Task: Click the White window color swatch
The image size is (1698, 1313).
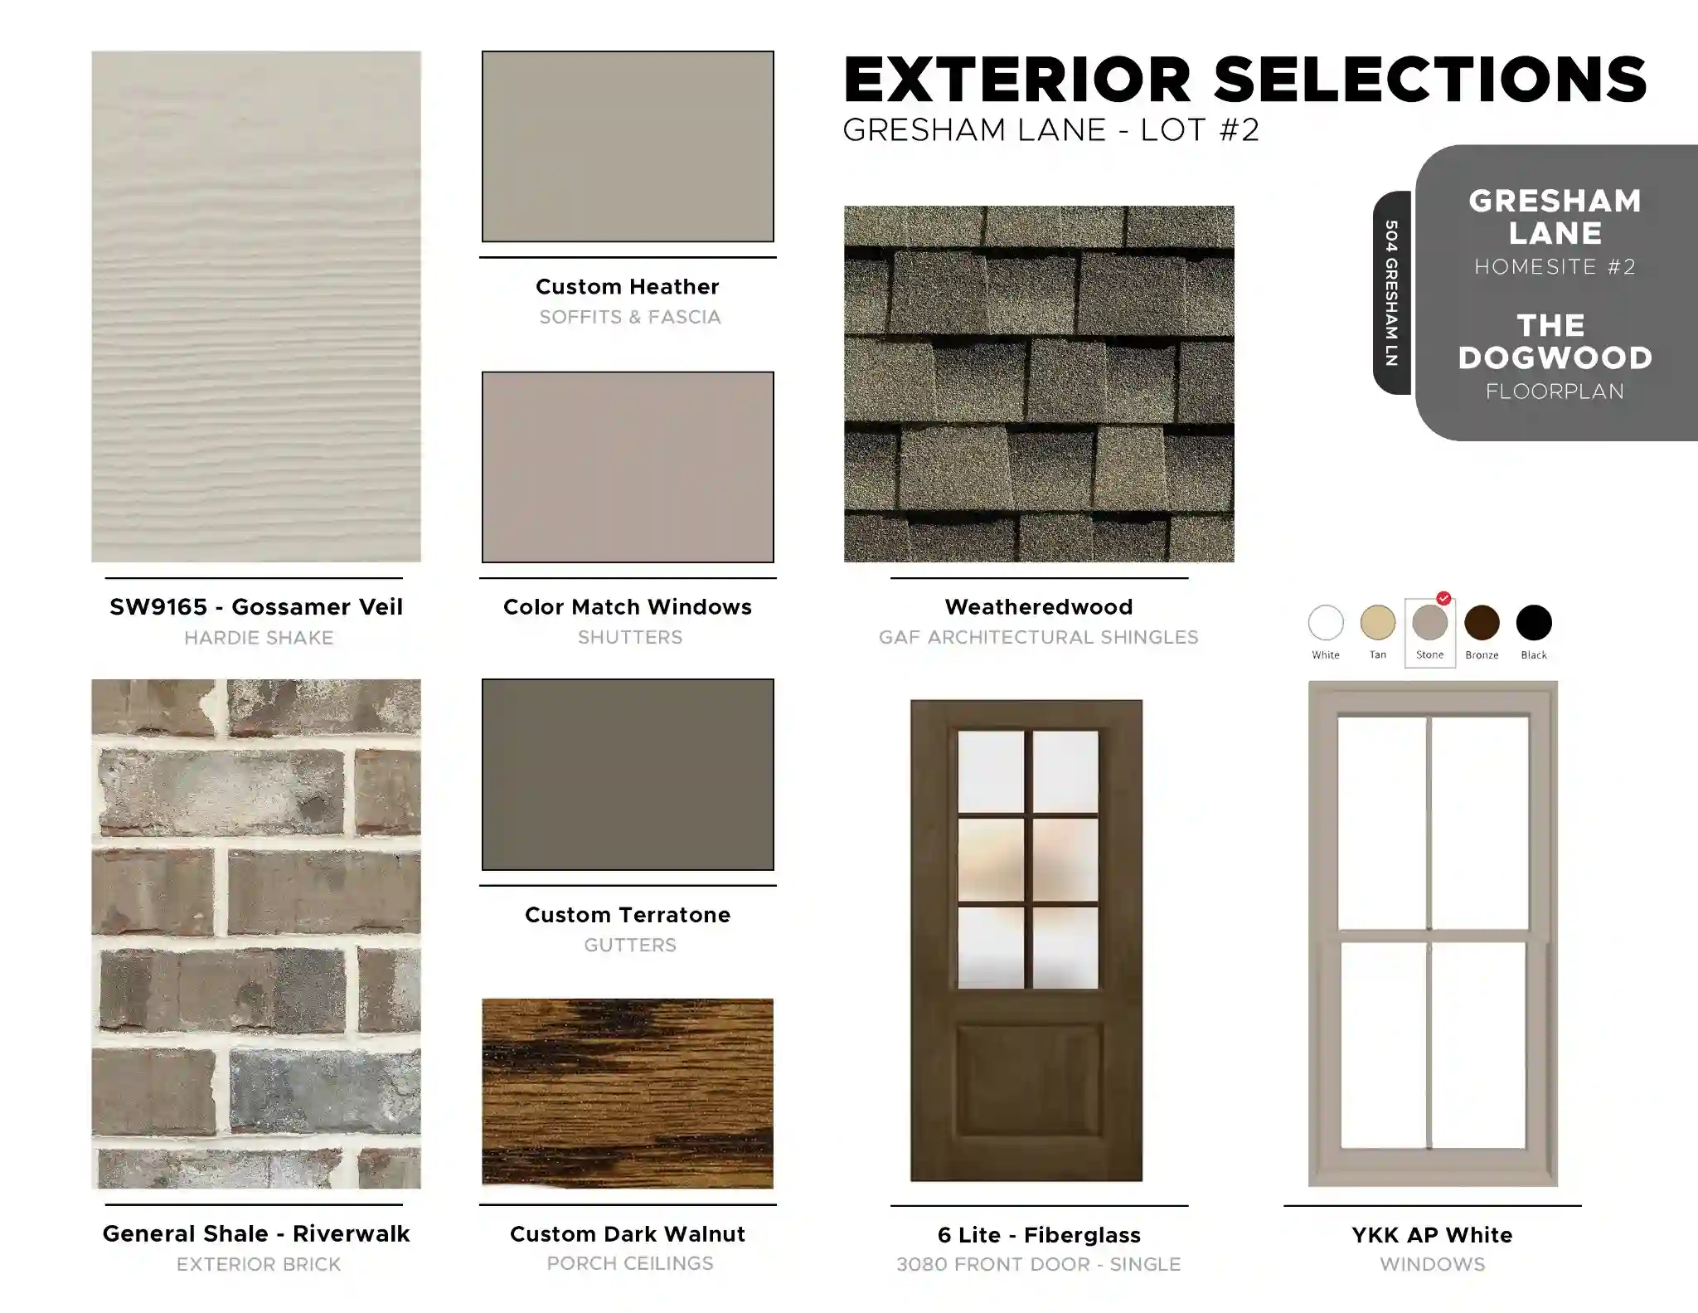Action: [1325, 623]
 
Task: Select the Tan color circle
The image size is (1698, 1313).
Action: [1377, 623]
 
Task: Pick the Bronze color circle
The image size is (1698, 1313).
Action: [1482, 623]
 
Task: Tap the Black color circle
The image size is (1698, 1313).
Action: [1534, 623]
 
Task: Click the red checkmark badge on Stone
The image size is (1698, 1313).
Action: [1443, 598]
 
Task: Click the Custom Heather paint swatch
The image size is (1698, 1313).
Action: [628, 147]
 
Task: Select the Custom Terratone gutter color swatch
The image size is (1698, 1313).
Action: [628, 775]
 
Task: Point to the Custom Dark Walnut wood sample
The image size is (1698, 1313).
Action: [628, 1093]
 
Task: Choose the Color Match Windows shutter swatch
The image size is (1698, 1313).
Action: [628, 467]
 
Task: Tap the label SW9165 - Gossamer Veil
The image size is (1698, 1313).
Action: [256, 607]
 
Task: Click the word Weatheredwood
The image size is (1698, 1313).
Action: [1039, 607]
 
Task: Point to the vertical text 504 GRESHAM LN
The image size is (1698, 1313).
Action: [1391, 293]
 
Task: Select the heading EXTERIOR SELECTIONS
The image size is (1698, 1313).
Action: [1244, 80]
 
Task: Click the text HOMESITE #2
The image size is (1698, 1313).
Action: [1555, 267]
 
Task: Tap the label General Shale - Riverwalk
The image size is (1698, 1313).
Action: [256, 1234]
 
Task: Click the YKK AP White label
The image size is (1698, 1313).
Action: [1432, 1235]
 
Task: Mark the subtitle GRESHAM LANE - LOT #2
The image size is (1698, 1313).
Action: [1050, 130]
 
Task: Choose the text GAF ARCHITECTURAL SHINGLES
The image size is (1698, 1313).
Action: [1039, 637]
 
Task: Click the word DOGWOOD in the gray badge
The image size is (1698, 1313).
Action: [1555, 358]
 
